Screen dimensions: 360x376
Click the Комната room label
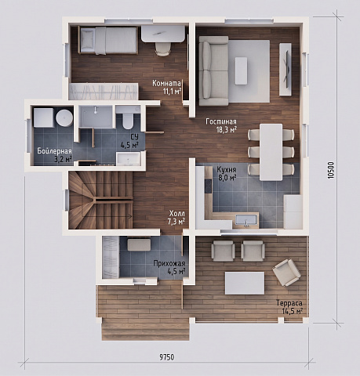pyautogui.click(x=166, y=83)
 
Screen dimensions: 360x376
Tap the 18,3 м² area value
pyautogui.click(x=227, y=130)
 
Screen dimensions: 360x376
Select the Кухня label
pyautogui.click(x=227, y=170)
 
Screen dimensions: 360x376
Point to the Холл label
pyautogui.click(x=177, y=213)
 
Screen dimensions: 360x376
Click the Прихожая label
pyautogui.click(x=169, y=263)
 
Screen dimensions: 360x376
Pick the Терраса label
pyautogui.click(x=289, y=303)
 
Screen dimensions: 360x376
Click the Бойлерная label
pyautogui.click(x=54, y=151)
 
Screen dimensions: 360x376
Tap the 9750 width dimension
pyautogui.click(x=167, y=356)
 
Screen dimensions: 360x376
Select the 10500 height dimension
pyautogui.click(x=331, y=170)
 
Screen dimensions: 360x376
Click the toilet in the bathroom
pyautogui.click(x=128, y=119)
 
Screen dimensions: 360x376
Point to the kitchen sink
pyautogui.click(x=245, y=220)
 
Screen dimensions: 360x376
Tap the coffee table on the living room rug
pyautogui.click(x=241, y=70)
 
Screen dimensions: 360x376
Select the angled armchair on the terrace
pyautogui.click(x=287, y=273)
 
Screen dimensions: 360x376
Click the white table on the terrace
pyautogui.click(x=245, y=284)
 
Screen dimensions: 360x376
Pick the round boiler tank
pyautogui.click(x=64, y=118)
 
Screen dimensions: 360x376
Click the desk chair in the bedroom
pyautogui.click(x=162, y=49)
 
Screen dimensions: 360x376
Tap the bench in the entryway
pyautogui.click(x=139, y=245)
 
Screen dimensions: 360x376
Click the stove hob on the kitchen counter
pyautogui.click(x=209, y=186)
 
